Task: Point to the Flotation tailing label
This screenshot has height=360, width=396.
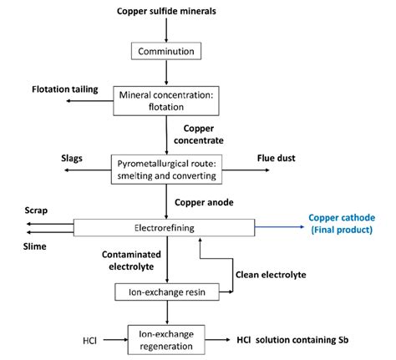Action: point(65,89)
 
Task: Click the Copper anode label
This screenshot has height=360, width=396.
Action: point(206,202)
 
